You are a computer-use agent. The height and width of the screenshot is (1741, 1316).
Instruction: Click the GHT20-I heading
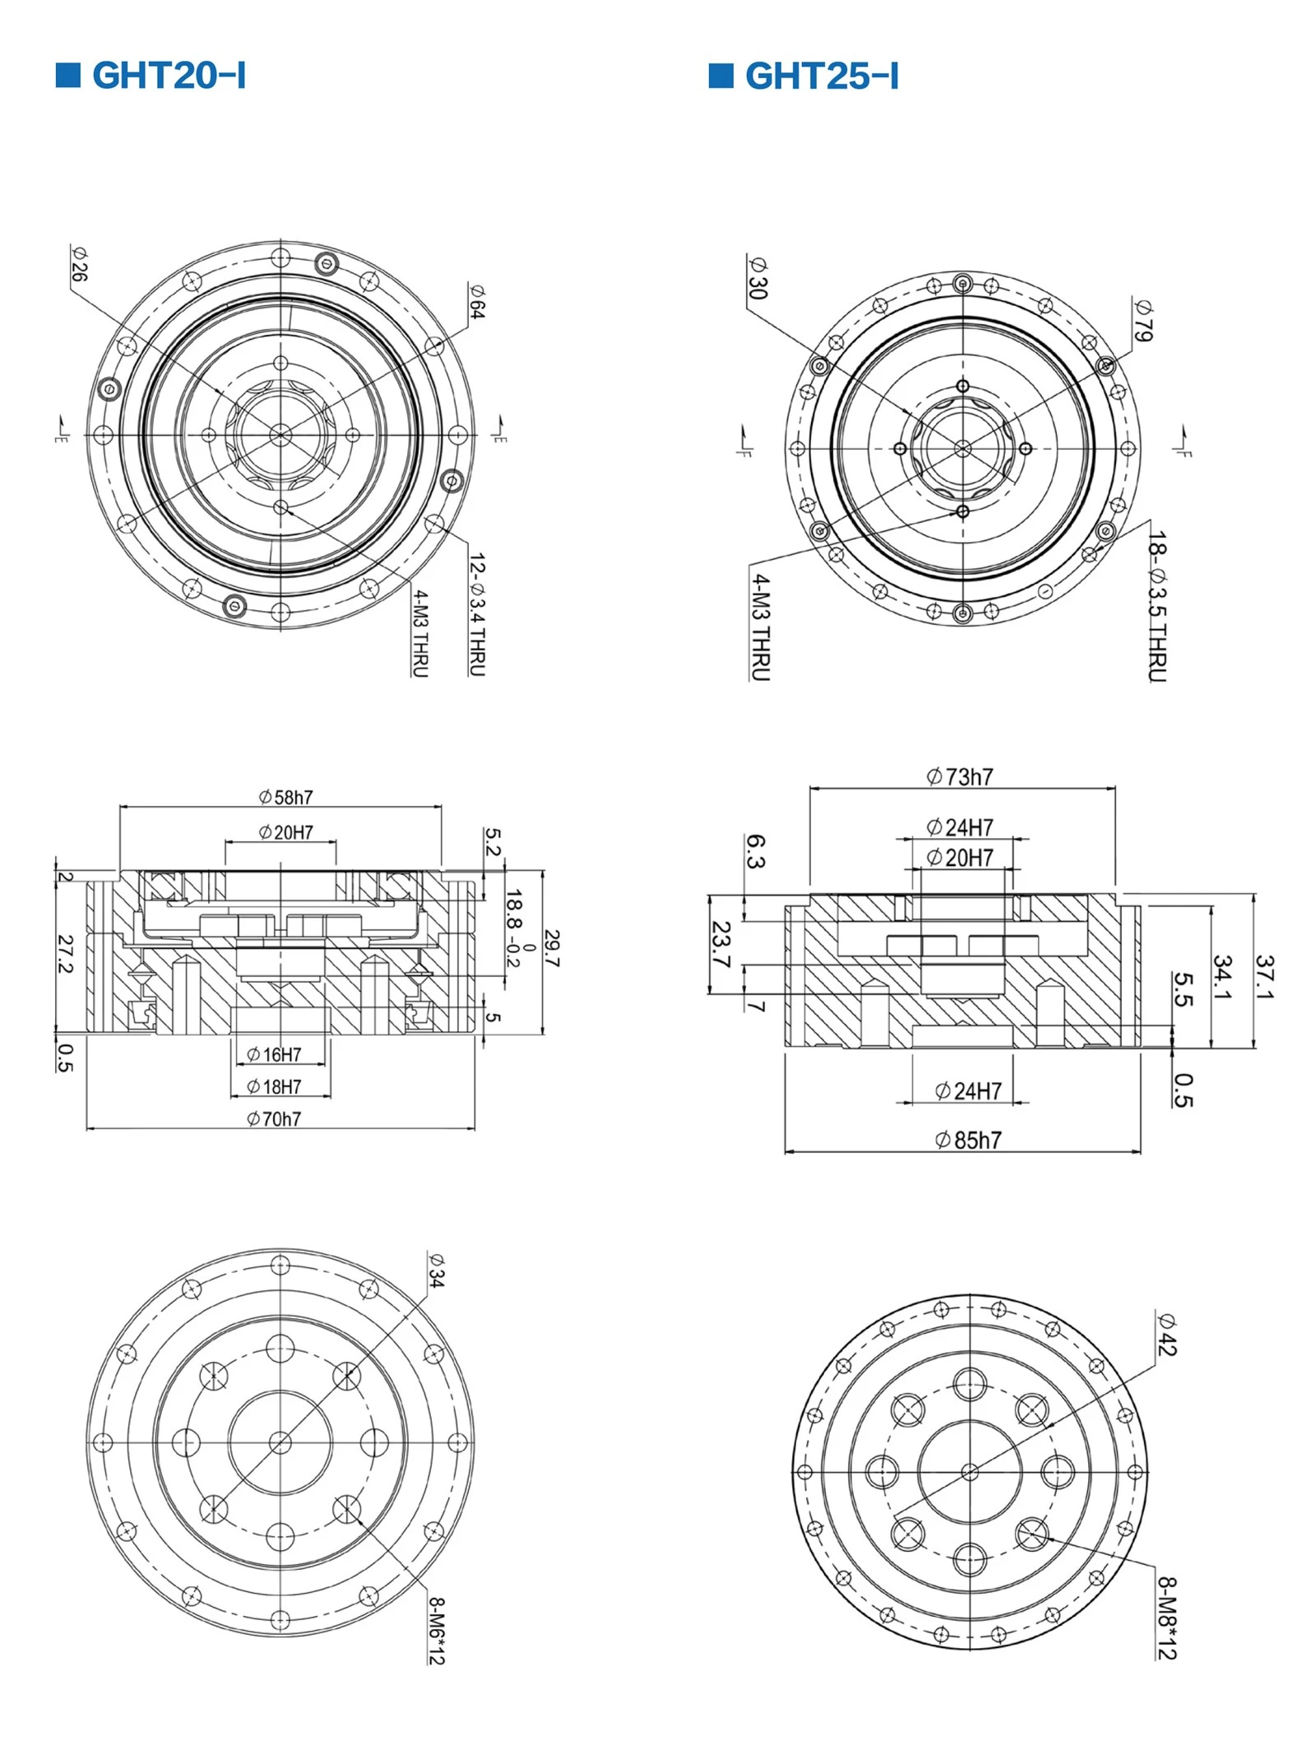click(169, 75)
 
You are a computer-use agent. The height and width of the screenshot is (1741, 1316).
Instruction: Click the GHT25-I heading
click(822, 76)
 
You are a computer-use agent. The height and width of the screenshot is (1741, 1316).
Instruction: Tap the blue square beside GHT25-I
click(721, 75)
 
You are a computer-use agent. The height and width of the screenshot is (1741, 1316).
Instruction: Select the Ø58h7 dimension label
click(285, 797)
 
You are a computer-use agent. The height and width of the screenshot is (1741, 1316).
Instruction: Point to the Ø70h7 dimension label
click(274, 1118)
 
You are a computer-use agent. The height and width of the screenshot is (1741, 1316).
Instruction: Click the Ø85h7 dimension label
click(968, 1140)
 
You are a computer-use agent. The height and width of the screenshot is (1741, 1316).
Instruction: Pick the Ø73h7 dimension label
click(960, 776)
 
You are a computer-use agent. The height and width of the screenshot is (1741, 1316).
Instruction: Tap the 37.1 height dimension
click(1265, 977)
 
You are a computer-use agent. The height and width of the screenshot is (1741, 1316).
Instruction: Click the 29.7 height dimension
click(552, 948)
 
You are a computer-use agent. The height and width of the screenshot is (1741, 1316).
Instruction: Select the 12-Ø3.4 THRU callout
click(477, 614)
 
